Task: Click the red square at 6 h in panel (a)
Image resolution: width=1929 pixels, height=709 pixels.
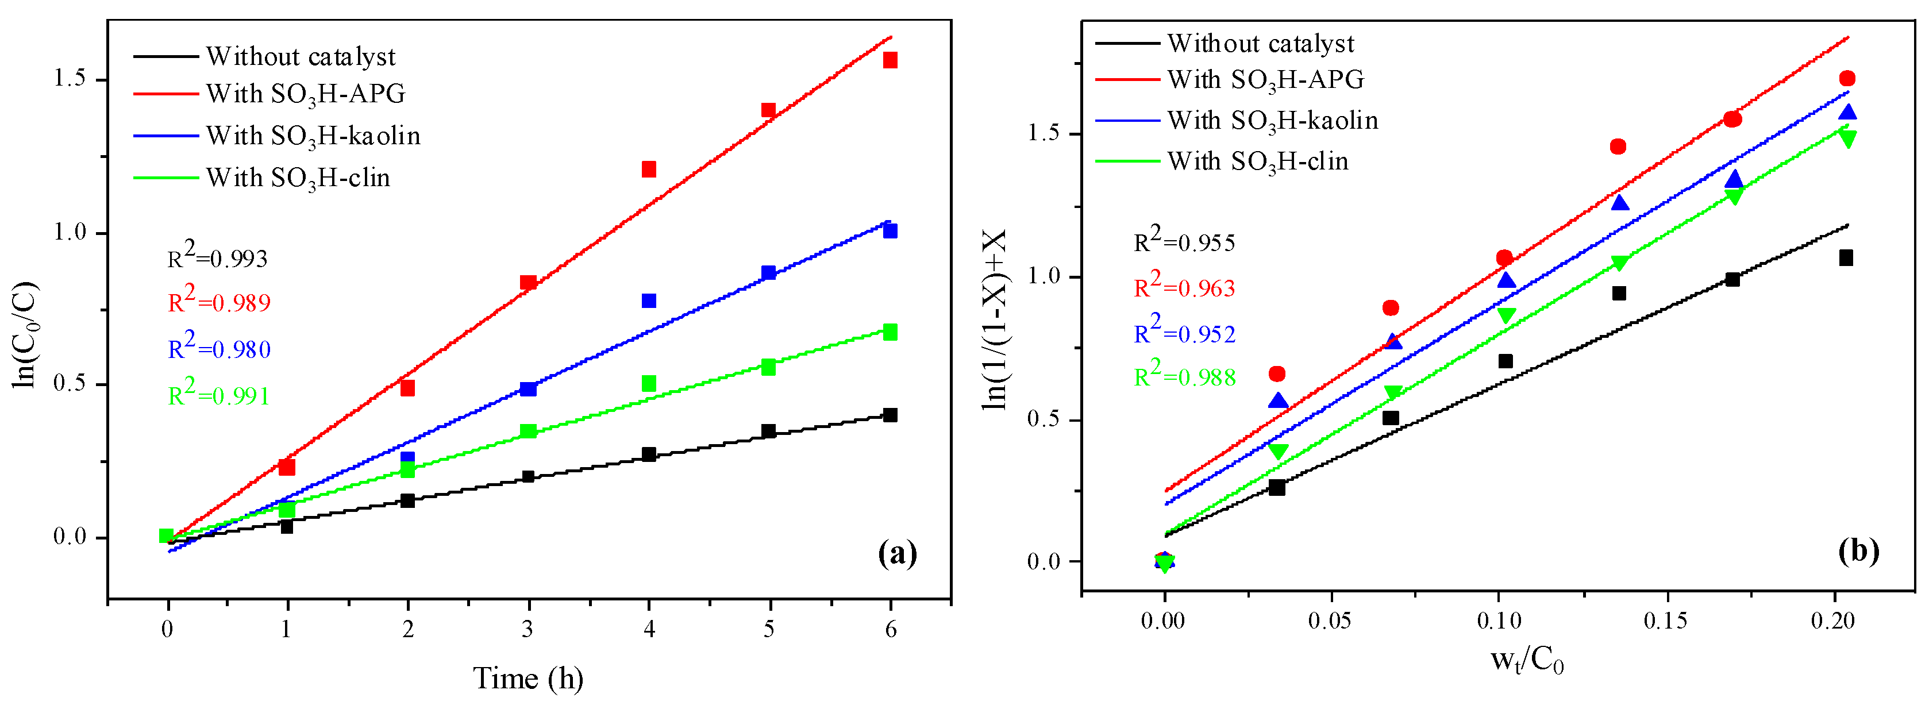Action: (x=890, y=60)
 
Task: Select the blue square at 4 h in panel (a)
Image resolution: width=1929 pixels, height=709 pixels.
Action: (x=649, y=300)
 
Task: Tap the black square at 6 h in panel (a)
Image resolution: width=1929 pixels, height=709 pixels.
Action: (x=890, y=415)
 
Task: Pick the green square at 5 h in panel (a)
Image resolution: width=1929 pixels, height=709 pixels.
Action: (x=768, y=367)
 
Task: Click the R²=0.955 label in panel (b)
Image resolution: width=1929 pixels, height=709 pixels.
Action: (x=1185, y=241)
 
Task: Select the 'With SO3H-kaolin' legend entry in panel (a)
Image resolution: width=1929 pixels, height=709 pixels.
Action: (x=313, y=136)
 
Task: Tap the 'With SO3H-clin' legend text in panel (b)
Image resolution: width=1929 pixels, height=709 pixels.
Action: (x=1258, y=161)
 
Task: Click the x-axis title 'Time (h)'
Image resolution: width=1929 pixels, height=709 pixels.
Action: (x=528, y=679)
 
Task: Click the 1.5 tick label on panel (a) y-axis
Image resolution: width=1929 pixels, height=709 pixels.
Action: (x=69, y=79)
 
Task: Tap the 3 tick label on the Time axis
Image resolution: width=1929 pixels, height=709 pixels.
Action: (x=528, y=629)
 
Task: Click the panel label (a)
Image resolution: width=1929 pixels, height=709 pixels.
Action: (x=897, y=554)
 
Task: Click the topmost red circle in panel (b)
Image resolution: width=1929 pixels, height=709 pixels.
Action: (x=1847, y=79)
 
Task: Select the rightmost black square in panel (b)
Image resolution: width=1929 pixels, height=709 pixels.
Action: (x=1846, y=259)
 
